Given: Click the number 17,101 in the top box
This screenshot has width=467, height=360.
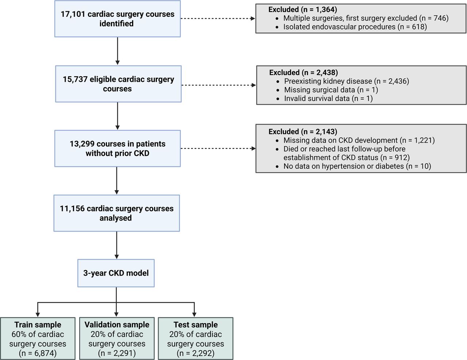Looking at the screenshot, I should [73, 14].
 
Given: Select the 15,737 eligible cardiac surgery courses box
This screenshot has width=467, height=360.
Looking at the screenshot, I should [118, 84].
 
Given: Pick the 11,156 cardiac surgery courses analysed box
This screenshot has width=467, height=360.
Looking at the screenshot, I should [117, 213].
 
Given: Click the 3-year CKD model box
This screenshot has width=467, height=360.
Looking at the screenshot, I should [116, 273].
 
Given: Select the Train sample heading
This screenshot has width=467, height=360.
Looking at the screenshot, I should [38, 325].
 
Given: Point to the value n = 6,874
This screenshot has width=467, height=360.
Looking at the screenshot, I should [38, 353].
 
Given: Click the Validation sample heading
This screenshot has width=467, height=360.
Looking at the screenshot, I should [117, 325].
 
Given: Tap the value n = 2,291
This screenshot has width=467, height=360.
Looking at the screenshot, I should [117, 353].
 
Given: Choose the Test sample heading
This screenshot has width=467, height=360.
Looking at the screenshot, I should [196, 325].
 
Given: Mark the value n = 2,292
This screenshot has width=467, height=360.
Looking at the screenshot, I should [196, 353].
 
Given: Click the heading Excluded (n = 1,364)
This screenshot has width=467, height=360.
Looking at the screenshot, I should [303, 9].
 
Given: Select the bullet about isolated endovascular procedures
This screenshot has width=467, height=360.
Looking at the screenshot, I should [355, 27].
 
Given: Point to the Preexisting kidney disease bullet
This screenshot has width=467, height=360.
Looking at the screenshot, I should [347, 81].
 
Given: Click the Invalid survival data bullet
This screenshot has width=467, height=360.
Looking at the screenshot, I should [328, 99].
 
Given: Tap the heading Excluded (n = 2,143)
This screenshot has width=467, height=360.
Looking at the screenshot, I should [303, 131].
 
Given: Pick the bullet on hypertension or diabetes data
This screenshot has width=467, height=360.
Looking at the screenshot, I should [357, 166].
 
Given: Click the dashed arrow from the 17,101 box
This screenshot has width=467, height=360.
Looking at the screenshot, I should [217, 18].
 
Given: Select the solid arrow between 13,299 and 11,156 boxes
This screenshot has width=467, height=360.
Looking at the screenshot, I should [117, 180].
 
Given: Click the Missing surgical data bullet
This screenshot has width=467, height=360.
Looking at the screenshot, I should [331, 90].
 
